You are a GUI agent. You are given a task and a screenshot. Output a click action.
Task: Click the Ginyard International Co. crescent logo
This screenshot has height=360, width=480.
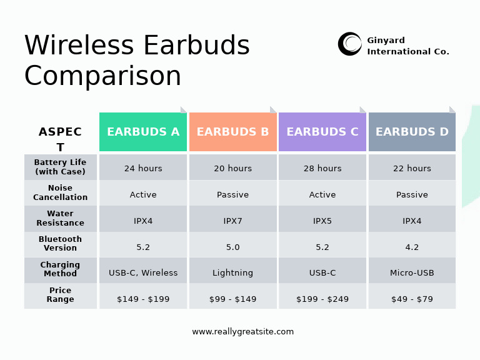coord(350,44)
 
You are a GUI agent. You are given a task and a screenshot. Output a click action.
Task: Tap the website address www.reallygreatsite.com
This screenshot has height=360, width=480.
coord(242,332)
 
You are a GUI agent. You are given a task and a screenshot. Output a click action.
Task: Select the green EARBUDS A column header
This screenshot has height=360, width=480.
coord(143,132)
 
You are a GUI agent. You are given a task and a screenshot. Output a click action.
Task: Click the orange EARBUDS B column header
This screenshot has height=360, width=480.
coord(232,132)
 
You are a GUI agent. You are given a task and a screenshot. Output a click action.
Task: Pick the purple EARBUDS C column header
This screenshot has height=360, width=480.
coord(322,132)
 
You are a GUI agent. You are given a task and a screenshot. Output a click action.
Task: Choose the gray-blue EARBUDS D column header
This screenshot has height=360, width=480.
coord(412,132)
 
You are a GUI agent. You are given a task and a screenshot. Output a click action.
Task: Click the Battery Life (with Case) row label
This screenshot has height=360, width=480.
coord(61,167)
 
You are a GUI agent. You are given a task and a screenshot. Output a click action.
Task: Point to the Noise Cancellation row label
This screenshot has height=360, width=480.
coord(61,192)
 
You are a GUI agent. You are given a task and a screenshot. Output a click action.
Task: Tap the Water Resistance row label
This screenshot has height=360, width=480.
coord(61,218)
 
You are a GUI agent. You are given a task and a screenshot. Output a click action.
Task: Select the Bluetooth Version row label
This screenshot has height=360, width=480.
coord(61,244)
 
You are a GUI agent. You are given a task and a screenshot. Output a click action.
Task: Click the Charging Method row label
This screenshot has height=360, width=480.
coord(61,269)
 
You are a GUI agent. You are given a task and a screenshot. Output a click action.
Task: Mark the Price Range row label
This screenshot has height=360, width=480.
coord(61,295)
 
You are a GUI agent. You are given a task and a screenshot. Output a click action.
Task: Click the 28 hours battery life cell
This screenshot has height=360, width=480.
coord(322,168)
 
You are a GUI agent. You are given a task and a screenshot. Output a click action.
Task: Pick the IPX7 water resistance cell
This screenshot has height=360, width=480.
coord(232,221)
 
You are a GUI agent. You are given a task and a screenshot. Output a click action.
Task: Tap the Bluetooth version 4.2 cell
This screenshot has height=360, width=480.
coord(412,247)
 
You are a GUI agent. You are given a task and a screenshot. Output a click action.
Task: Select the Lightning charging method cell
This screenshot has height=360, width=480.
coord(232,273)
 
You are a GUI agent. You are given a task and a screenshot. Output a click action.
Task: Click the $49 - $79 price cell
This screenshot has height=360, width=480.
coord(412,299)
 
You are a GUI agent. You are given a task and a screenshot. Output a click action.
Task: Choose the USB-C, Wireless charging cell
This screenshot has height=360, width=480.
coord(143,273)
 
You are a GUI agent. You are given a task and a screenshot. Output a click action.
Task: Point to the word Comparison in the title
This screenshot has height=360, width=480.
coord(103,76)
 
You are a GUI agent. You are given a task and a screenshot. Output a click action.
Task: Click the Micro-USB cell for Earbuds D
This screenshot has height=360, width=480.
coord(412,273)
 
